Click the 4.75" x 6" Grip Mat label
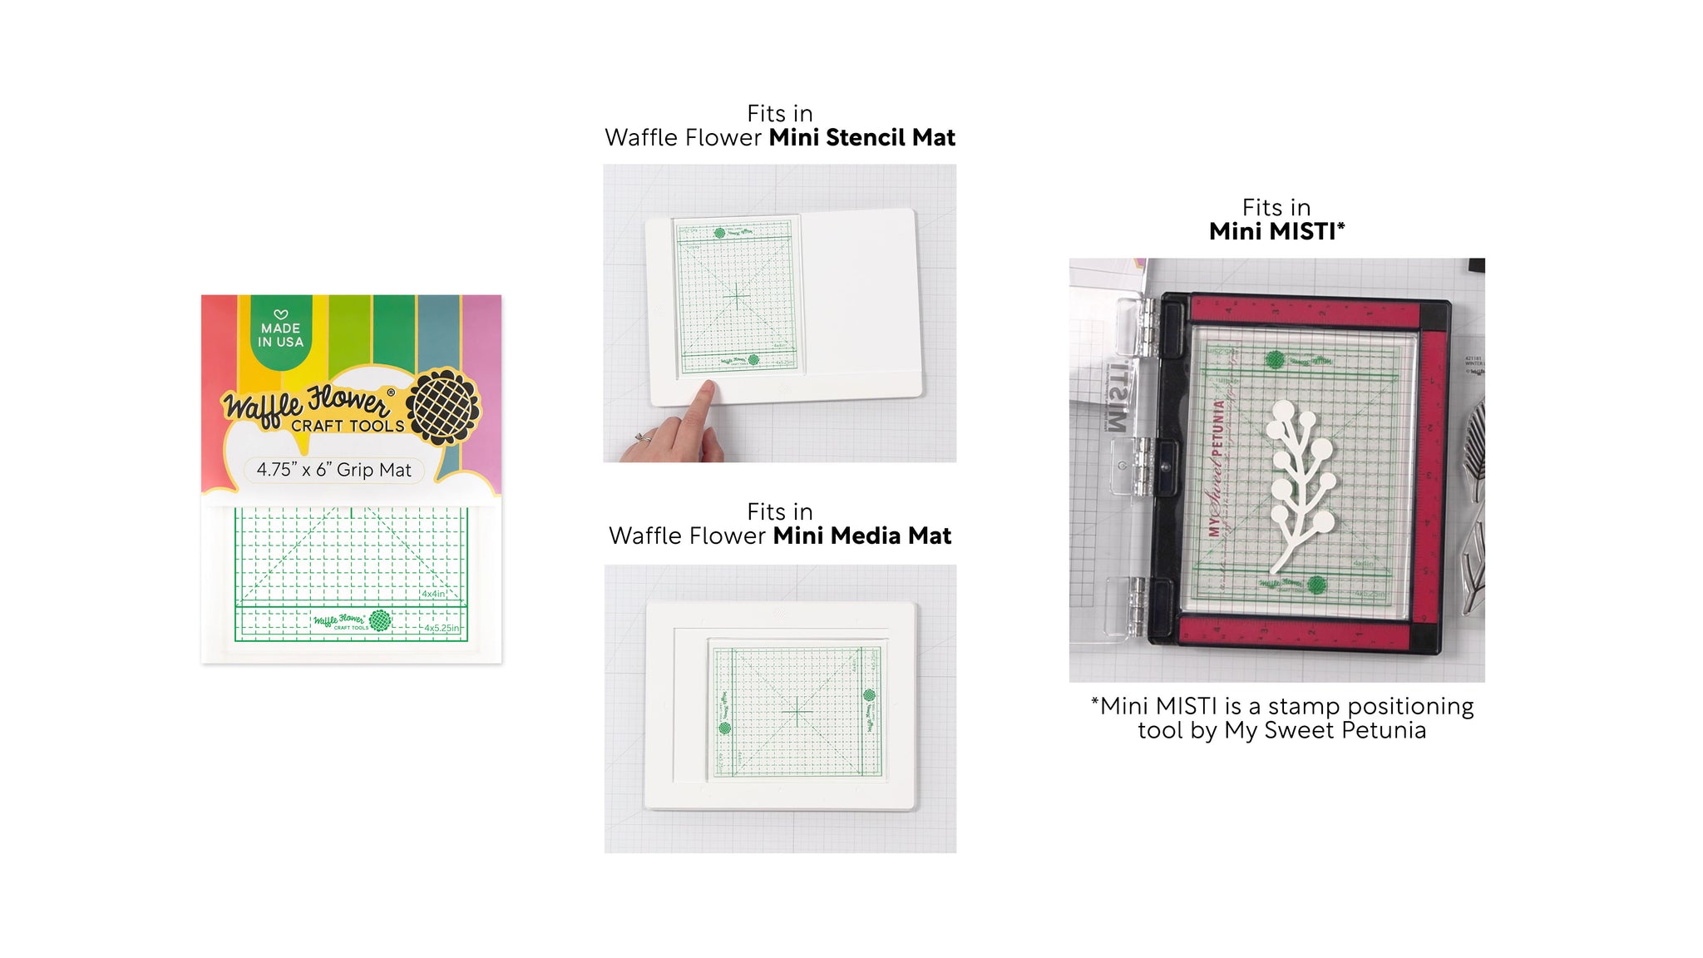click(333, 470)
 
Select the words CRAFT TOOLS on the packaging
click(348, 426)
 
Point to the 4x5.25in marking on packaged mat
click(442, 628)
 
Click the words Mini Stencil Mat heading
click(861, 138)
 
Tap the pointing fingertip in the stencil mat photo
click(707, 388)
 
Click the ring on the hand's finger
click(643, 437)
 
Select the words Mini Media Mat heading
click(861, 536)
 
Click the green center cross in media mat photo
click(797, 713)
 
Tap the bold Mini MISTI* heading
click(1276, 232)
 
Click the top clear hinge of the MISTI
click(1136, 328)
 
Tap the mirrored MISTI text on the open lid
click(1117, 396)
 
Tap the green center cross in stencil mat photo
click(737, 295)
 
